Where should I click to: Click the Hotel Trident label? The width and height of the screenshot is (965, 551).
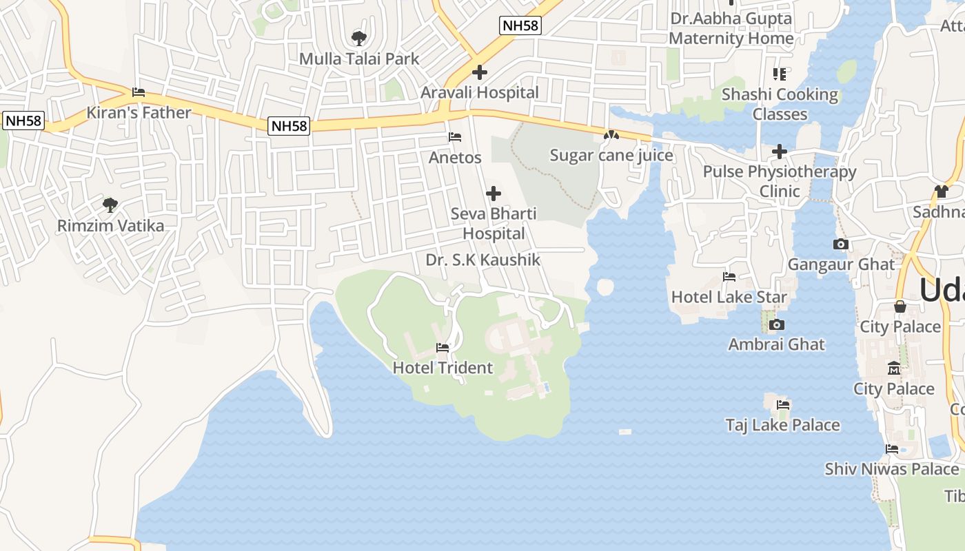click(443, 368)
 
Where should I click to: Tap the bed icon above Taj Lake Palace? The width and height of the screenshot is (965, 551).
click(782, 404)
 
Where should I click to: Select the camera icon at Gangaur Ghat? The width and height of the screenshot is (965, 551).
click(840, 244)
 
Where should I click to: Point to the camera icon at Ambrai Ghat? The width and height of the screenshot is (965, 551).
click(777, 324)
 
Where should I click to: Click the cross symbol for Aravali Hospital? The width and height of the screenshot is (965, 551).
click(480, 72)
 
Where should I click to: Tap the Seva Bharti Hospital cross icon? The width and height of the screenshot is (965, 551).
click(494, 194)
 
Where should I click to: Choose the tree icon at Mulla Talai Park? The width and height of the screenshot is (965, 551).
click(358, 38)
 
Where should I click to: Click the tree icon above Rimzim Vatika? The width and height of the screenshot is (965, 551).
click(110, 205)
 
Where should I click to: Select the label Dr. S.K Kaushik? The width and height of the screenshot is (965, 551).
click(483, 260)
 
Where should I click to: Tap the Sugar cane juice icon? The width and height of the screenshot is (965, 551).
click(611, 136)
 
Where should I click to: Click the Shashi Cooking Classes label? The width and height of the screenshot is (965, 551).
click(780, 104)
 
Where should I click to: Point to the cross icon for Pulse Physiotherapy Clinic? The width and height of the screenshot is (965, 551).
click(780, 152)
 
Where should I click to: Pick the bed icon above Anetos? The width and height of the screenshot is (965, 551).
click(455, 137)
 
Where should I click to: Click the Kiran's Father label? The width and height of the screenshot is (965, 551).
click(139, 112)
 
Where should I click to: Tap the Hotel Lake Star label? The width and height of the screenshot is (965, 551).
click(729, 297)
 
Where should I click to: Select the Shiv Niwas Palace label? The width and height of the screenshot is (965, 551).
click(892, 469)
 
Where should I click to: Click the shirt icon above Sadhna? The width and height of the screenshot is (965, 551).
click(942, 191)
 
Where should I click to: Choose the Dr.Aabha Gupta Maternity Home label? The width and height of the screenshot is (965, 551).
click(731, 28)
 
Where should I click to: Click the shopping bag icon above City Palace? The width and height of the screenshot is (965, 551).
click(900, 306)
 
